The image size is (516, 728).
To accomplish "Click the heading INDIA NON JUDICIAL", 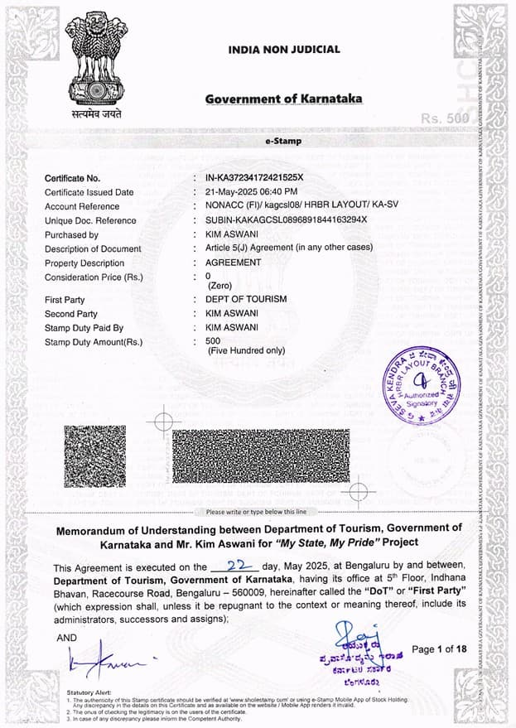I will pos(284,50).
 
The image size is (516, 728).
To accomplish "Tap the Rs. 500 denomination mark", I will pos(444,118).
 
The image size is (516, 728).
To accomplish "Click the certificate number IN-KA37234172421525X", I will pos(255,178).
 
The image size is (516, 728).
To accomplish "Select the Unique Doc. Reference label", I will pos(90,220).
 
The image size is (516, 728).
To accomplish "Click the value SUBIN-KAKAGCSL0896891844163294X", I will pos(286,220).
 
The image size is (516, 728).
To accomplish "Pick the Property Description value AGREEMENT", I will pos(233,263).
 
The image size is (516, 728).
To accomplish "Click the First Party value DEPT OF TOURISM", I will pos(246,299).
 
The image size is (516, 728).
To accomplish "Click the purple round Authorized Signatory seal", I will pos(422,385).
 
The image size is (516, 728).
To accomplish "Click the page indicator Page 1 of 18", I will pos(439,648).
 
